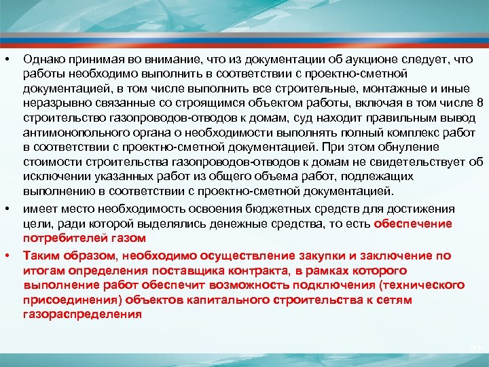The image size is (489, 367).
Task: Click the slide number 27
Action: point(476,349)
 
